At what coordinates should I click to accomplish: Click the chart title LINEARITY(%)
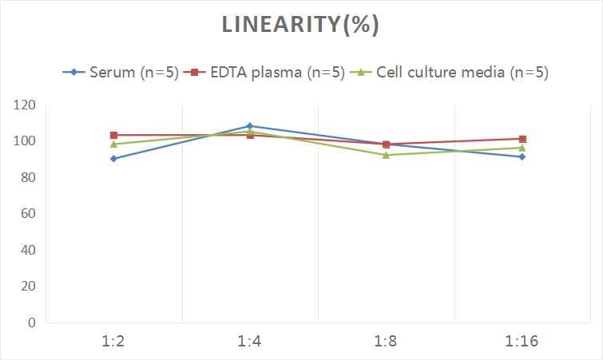point(301,26)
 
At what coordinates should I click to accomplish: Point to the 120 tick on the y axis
point(25,105)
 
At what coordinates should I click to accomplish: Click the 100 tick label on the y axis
point(25,141)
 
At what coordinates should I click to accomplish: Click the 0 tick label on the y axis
point(31,322)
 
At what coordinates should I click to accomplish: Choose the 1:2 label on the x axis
point(114,342)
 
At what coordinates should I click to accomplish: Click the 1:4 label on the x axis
point(250,342)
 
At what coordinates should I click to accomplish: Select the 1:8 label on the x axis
point(387,342)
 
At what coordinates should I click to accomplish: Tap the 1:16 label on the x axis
point(522,342)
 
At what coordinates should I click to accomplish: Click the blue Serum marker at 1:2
point(114,159)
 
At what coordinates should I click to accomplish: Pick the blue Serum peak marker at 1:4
point(250,126)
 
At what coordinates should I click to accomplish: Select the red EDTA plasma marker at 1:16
point(522,139)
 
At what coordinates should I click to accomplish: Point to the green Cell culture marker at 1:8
point(387,155)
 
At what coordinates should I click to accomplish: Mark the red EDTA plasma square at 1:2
point(114,135)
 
